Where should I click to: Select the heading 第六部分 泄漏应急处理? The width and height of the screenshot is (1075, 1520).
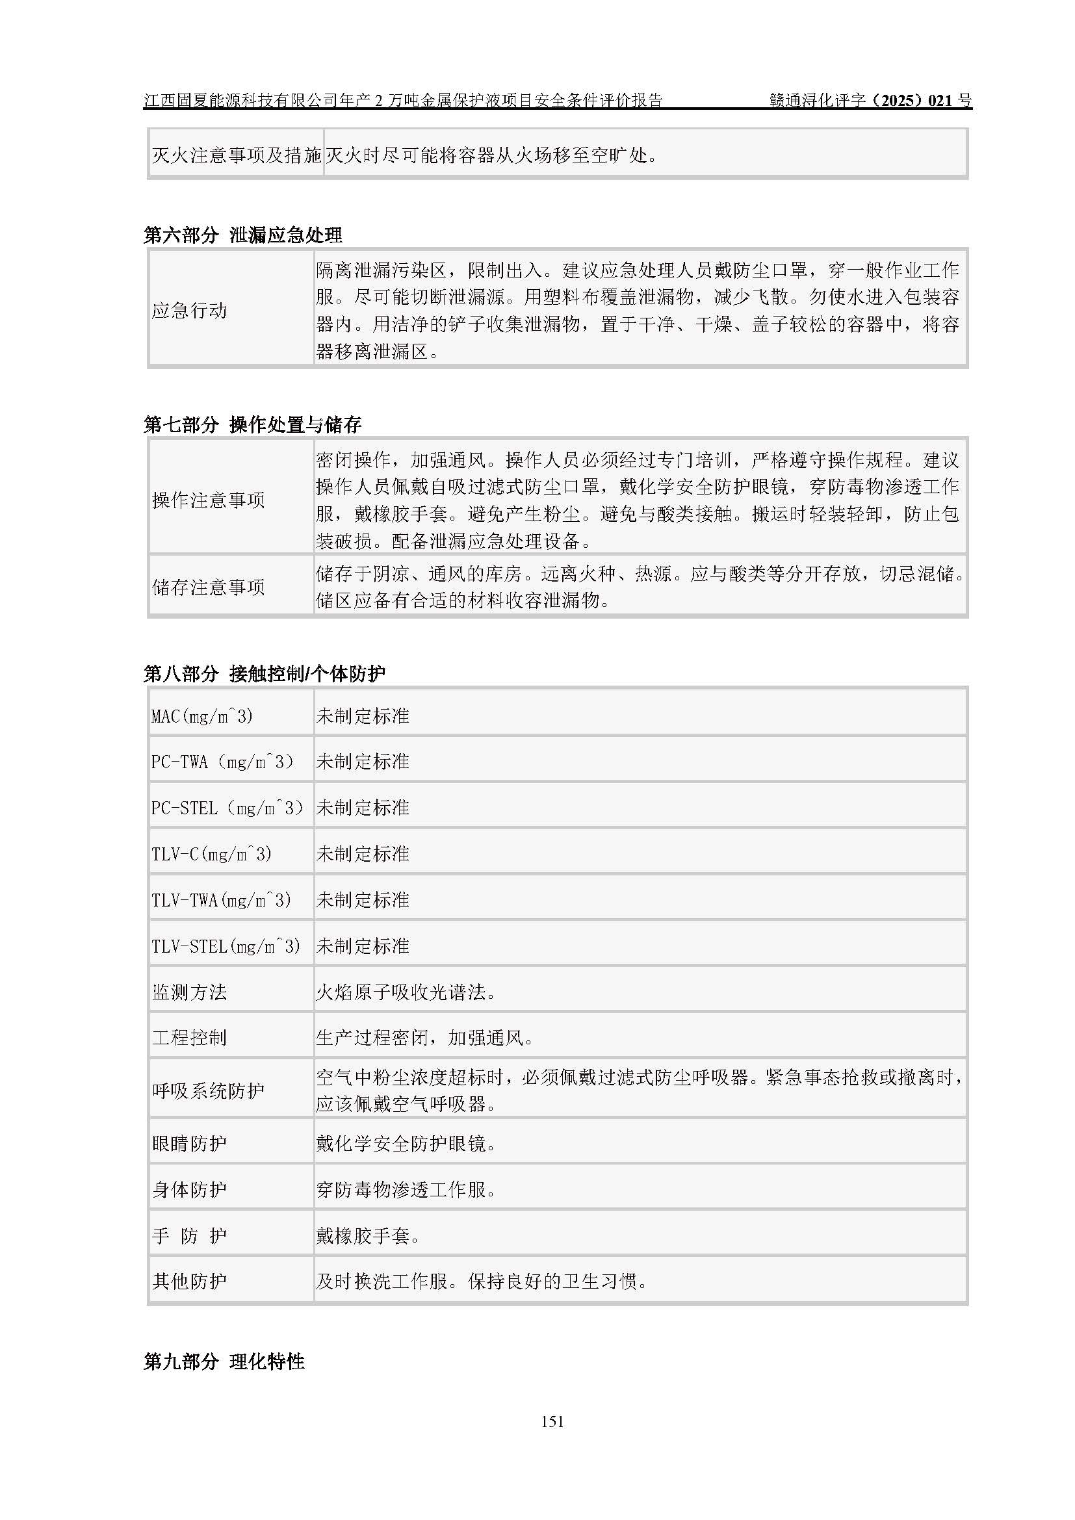pos(243,235)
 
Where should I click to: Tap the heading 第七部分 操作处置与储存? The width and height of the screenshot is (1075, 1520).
pos(252,424)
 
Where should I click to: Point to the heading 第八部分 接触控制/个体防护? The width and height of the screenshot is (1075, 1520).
pos(264,673)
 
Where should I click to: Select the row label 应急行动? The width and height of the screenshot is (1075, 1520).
pos(189,310)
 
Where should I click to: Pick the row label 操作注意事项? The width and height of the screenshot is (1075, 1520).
pos(208,500)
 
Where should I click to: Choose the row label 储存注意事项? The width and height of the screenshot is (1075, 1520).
pos(208,587)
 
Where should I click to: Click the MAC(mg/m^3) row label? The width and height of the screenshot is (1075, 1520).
pos(202,715)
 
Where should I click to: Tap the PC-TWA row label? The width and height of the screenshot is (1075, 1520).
pos(222,762)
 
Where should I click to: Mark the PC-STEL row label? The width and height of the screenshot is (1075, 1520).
pos(227,808)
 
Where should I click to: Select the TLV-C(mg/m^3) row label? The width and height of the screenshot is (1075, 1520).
pos(211,854)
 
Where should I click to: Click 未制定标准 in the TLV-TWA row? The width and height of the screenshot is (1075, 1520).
pos(363,899)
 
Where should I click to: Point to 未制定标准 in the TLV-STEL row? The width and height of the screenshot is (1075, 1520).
pos(363,946)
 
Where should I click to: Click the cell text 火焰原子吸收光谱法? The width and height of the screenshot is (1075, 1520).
pos(406,992)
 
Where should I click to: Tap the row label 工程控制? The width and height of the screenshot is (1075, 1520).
pos(189,1037)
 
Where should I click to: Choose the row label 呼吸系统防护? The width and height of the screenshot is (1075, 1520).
pos(208,1090)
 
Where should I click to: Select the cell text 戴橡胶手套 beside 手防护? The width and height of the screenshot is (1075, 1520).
pos(367,1235)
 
